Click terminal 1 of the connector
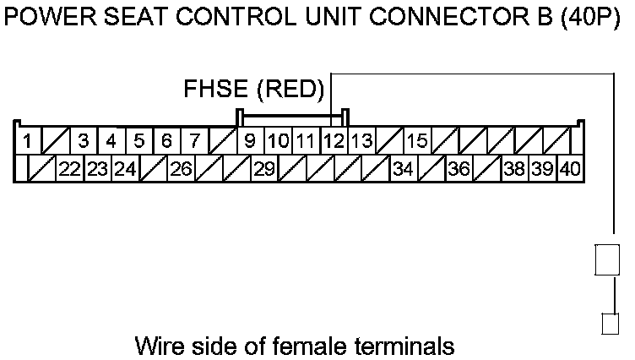pos(28,140)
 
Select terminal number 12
pos(334,140)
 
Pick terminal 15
pos(417,140)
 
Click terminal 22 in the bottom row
pos(70,169)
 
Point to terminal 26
pos(181,169)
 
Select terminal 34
pos(403,169)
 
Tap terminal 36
pos(459,169)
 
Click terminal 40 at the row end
pos(570,169)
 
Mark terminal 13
pos(362,140)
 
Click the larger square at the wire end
pos(609,259)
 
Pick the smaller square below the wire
pos(610,324)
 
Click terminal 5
pos(139,140)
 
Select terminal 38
pos(514,169)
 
